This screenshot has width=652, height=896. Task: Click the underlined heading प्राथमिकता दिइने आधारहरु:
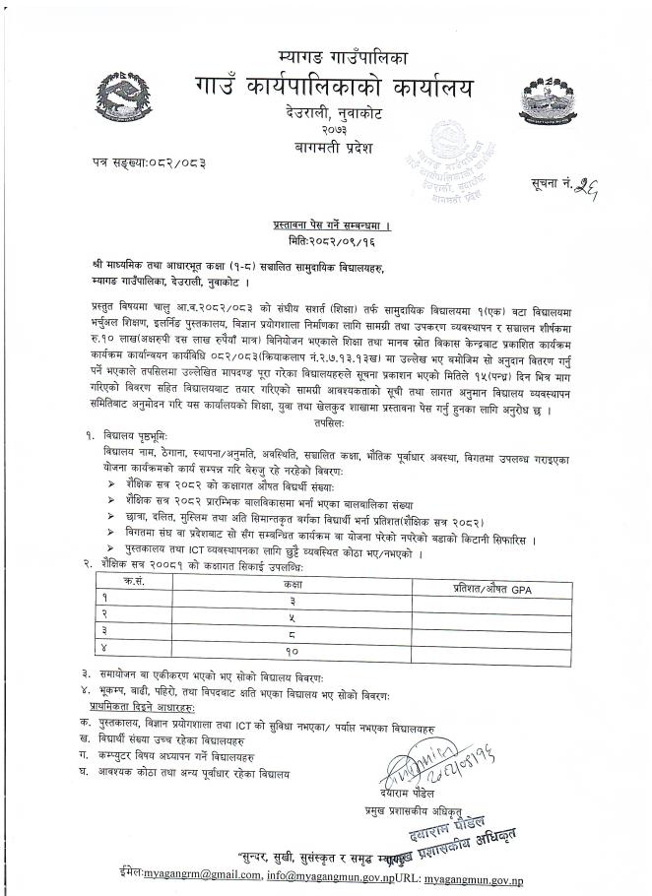[141, 707]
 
